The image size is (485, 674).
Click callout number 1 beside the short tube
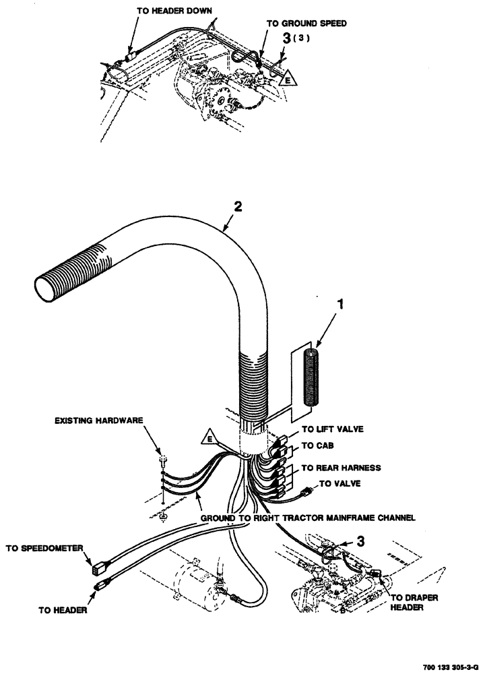[x=342, y=305]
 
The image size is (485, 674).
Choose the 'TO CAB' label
[x=317, y=445]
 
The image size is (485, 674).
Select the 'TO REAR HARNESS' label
[x=341, y=468]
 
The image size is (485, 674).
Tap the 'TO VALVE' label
[x=339, y=483]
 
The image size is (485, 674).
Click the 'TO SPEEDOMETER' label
[x=44, y=549]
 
